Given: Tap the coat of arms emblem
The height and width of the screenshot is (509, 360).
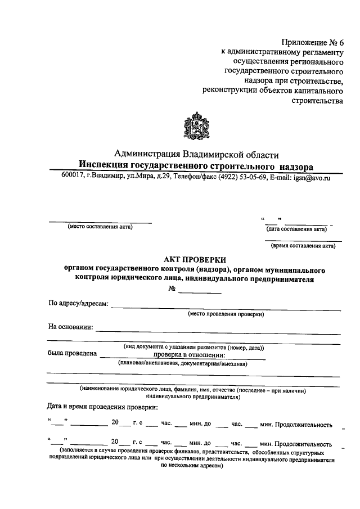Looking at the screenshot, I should (197, 127).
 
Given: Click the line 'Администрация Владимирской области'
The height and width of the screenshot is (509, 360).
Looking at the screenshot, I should (196, 154).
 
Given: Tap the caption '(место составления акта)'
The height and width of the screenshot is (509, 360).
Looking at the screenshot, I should (100, 227).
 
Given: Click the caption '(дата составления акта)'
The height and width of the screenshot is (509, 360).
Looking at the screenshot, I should (296, 229).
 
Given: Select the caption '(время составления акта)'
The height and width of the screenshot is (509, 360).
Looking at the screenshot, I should (303, 245).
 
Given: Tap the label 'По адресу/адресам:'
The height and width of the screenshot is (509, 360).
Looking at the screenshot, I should (78, 304).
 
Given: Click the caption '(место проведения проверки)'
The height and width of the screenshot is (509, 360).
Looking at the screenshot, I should (226, 314).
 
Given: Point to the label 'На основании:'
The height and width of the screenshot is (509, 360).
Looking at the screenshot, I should (70, 327).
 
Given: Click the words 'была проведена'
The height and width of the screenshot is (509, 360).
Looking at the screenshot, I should (71, 354).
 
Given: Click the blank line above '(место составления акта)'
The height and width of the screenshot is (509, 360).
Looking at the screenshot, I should (100, 222).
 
